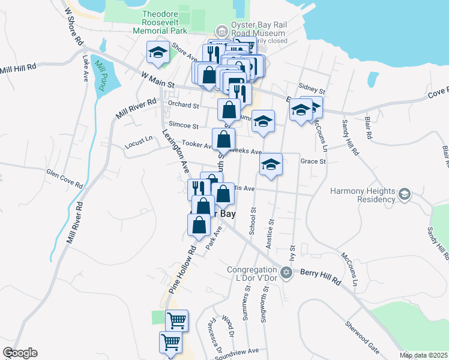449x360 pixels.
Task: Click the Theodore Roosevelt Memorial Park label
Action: coord(164,22)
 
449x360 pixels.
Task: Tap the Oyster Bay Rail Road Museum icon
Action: coord(221,31)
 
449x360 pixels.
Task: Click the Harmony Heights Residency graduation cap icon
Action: coord(404,194)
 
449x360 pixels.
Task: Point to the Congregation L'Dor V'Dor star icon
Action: coord(286,273)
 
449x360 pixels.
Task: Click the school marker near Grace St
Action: coord(271,164)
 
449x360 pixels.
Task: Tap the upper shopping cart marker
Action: coord(176,320)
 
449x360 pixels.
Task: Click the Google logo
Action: coord(19,353)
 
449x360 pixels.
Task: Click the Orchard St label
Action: coord(183,104)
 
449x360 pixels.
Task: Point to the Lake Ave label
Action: coord(86,68)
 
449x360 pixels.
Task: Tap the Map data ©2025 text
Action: coord(423,355)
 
